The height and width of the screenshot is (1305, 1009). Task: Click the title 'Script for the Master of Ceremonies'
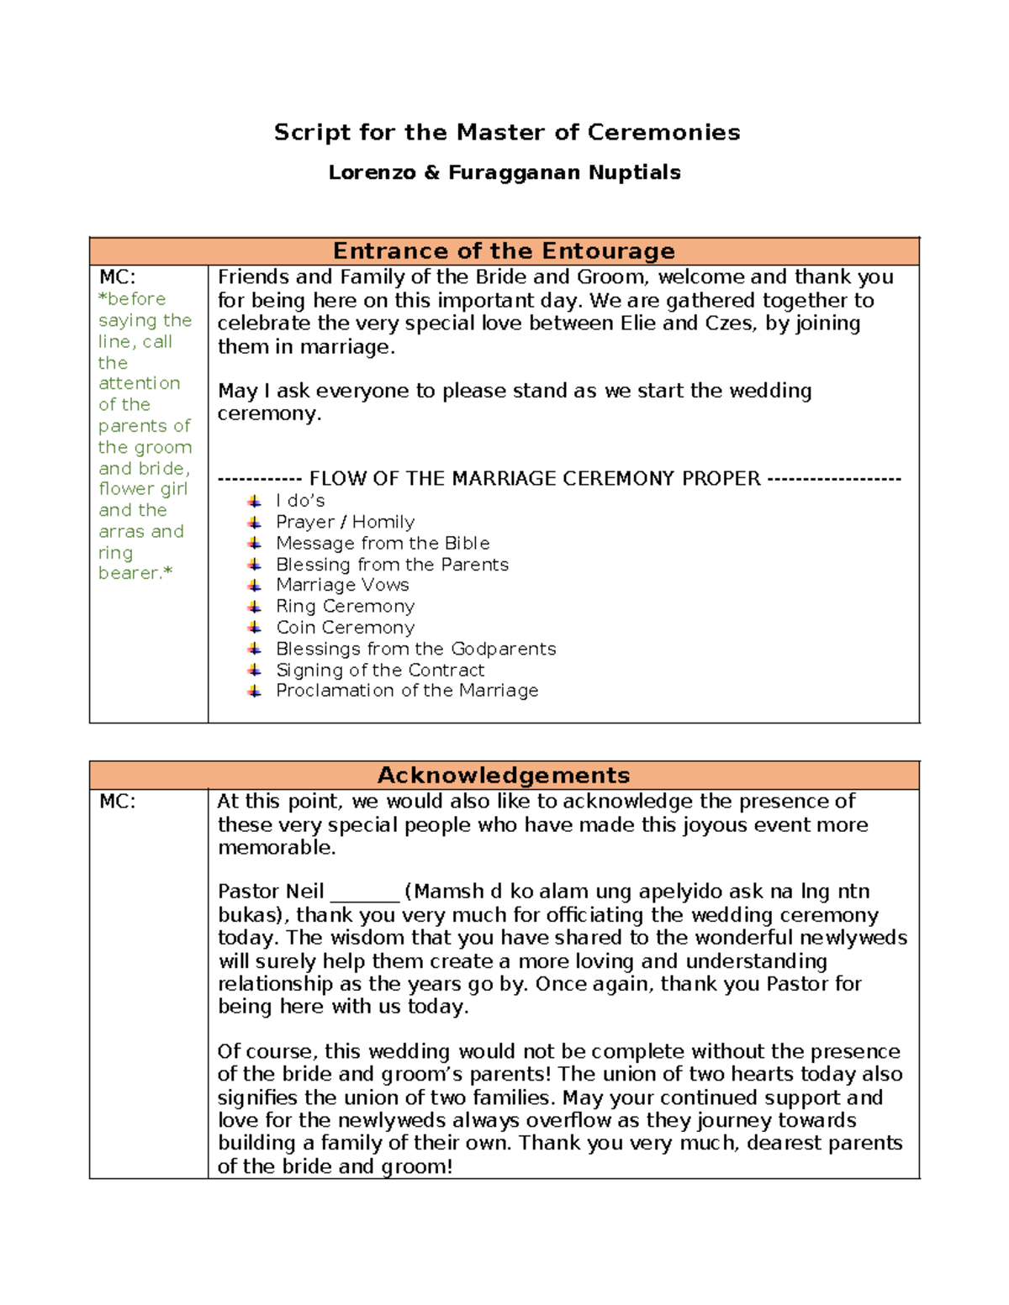pos(506,132)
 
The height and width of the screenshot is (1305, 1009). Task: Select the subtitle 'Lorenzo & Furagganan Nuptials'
pos(504,172)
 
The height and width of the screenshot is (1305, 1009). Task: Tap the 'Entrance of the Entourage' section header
pos(504,251)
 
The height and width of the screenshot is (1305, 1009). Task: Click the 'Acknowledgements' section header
pos(504,775)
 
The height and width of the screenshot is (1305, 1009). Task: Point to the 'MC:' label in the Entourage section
pos(117,277)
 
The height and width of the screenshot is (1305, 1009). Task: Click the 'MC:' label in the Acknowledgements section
pos(117,802)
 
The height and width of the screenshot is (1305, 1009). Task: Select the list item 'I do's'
pos(300,501)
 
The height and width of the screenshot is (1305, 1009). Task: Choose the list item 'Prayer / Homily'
pos(345,522)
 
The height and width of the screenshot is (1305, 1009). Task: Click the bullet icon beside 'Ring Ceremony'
pos(255,607)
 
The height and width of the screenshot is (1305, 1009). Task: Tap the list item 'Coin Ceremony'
pos(345,628)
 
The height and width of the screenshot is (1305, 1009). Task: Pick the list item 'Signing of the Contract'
pos(380,670)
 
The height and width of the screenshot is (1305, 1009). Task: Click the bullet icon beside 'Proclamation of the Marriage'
pos(255,691)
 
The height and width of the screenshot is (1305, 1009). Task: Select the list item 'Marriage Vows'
pos(342,585)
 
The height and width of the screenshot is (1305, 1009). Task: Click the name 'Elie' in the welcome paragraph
pos(638,324)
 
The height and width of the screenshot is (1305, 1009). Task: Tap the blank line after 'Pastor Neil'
pos(364,892)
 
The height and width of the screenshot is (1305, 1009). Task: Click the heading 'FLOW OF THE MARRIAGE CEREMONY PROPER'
pos(535,479)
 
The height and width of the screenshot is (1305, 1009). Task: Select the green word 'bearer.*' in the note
pos(135,573)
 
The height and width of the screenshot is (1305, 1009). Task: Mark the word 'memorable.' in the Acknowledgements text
pos(277,848)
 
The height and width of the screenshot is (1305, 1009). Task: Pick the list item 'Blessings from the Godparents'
pos(415,649)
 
